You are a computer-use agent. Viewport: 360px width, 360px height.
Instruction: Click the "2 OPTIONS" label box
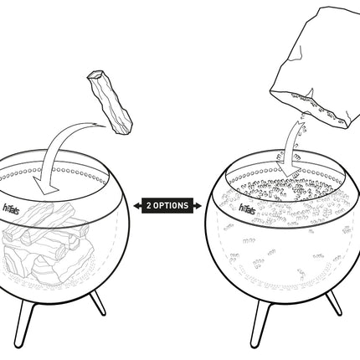pyautogui.click(x=167, y=206)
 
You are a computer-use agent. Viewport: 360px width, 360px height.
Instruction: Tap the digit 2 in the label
pyautogui.click(x=149, y=206)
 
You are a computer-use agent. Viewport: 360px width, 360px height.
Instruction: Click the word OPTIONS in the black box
pyautogui.click(x=171, y=206)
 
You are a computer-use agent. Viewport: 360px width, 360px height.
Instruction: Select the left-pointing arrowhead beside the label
pyautogui.click(x=137, y=206)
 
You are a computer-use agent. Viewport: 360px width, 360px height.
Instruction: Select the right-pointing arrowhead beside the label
pyautogui.click(x=198, y=206)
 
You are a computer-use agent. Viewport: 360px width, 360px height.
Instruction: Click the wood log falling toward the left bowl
pyautogui.click(x=110, y=102)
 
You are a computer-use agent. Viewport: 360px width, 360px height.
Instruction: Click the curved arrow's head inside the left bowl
pyautogui.click(x=46, y=185)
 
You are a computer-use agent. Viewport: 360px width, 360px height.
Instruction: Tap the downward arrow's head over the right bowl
pyautogui.click(x=288, y=169)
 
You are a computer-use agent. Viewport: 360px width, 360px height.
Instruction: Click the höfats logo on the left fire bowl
pyautogui.click(x=11, y=209)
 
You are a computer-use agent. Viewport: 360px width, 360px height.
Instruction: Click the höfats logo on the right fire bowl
pyautogui.click(x=247, y=208)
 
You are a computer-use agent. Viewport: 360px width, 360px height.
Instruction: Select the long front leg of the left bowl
pyautogui.click(x=23, y=325)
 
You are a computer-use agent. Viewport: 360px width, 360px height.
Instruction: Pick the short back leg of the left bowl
pyautogui.click(x=98, y=303)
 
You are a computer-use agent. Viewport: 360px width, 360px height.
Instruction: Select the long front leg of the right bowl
pyautogui.click(x=260, y=325)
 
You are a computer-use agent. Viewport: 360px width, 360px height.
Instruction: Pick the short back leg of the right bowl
pyautogui.click(x=334, y=303)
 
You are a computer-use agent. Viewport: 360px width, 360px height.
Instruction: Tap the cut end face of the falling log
pyautogui.click(x=95, y=75)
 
